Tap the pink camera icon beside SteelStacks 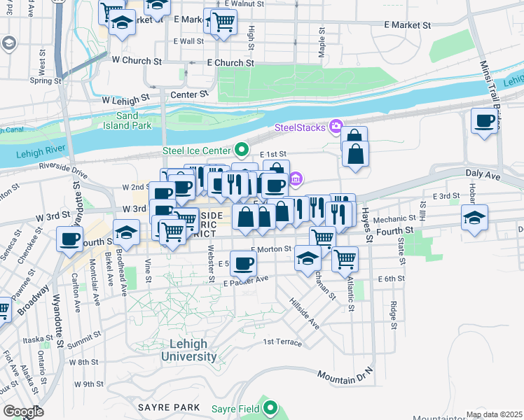click(x=336, y=127)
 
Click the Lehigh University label click(x=188, y=350)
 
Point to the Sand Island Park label click(x=134, y=120)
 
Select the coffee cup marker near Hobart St click(x=485, y=121)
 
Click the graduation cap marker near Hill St click(x=474, y=216)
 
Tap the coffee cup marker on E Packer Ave click(x=243, y=263)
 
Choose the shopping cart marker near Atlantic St click(x=345, y=258)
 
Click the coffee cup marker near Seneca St click(x=69, y=239)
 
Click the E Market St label click(x=411, y=25)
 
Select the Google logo click(x=22, y=412)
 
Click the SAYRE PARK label click(x=169, y=407)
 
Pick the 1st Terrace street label click(x=282, y=342)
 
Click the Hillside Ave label click(x=305, y=312)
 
